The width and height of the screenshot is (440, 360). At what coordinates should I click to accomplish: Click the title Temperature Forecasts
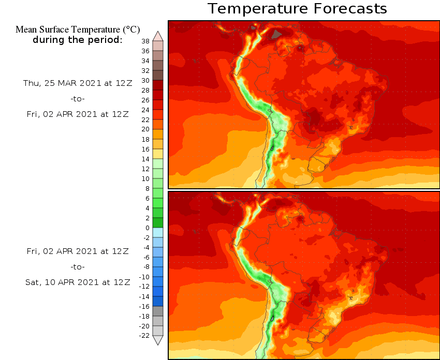pyautogui.click(x=297, y=9)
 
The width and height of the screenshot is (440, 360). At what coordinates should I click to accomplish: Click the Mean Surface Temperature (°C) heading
pyautogui.click(x=78, y=29)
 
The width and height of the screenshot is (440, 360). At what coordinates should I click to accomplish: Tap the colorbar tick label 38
pyautogui.click(x=145, y=41)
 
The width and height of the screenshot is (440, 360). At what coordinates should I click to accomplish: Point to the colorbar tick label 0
pyautogui.click(x=147, y=228)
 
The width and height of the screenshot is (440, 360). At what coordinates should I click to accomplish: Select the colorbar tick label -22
pyautogui.click(x=144, y=336)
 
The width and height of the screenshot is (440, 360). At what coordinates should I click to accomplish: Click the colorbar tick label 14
pyautogui.click(x=145, y=159)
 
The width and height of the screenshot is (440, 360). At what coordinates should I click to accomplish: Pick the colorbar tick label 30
pyautogui.click(x=145, y=80)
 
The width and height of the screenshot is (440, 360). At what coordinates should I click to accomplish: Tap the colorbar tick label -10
pyautogui.click(x=144, y=277)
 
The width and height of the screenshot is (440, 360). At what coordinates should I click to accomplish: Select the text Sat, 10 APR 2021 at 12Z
pyautogui.click(x=78, y=282)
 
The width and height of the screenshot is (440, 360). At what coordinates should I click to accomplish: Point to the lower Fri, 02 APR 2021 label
pyautogui.click(x=78, y=251)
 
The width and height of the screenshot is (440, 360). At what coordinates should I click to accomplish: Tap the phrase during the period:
pyautogui.click(x=78, y=40)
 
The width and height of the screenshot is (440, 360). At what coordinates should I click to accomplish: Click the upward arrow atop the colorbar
pyautogui.click(x=158, y=36)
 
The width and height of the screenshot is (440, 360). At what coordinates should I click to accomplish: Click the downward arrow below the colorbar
pyautogui.click(x=158, y=340)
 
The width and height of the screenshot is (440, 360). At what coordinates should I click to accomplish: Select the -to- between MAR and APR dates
pyautogui.click(x=78, y=99)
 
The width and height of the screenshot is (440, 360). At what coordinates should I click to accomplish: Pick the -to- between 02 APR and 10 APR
pyautogui.click(x=78, y=267)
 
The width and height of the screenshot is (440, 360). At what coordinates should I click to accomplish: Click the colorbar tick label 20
pyautogui.click(x=145, y=129)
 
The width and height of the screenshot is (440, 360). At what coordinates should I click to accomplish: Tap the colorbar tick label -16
pyautogui.click(x=144, y=306)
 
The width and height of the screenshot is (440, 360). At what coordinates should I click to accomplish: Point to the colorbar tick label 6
pyautogui.click(x=147, y=198)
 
